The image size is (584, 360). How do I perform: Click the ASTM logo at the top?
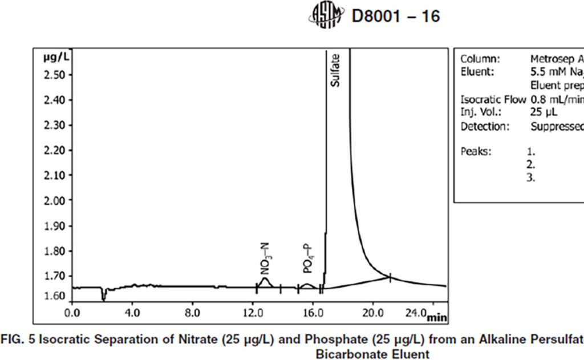click(x=326, y=15)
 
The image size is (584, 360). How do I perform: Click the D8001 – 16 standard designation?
click(x=395, y=16)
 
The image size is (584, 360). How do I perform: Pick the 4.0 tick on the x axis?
click(x=132, y=313)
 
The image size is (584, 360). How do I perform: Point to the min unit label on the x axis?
click(x=437, y=317)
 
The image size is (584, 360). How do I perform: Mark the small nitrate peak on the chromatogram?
click(x=265, y=281)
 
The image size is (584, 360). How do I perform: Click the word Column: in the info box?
click(x=480, y=59)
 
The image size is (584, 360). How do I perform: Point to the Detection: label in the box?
click(x=485, y=127)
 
